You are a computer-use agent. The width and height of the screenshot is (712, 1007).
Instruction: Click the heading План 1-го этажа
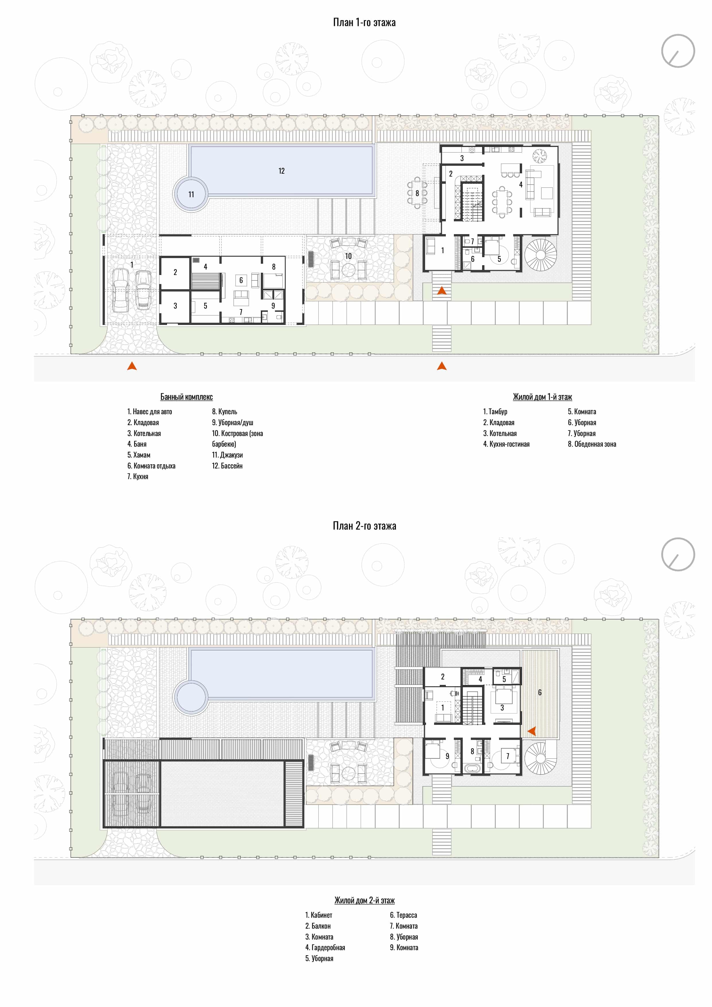tap(364, 22)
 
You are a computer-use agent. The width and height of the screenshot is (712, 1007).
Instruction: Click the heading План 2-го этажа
tap(364, 526)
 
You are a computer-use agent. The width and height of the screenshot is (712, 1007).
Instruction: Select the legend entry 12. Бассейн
tap(227, 466)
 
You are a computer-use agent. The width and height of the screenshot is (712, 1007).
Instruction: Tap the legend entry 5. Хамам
tap(139, 455)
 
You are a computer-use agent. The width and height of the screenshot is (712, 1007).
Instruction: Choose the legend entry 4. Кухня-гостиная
tap(507, 444)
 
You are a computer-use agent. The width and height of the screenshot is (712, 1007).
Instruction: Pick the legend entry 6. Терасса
tap(403, 915)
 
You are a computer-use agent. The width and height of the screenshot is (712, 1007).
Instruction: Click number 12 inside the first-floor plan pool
tap(282, 171)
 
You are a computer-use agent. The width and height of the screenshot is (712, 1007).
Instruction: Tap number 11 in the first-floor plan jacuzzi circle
tap(191, 194)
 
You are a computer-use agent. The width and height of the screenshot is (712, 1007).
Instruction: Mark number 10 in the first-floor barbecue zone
tap(348, 256)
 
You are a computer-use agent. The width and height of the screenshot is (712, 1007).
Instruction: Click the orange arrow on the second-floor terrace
tap(531, 731)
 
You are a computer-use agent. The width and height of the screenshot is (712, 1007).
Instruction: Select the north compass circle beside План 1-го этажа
tap(678, 51)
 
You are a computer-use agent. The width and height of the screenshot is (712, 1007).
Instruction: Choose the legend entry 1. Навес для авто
tap(150, 411)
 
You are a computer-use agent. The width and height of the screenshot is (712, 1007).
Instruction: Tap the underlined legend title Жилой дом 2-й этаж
tap(364, 901)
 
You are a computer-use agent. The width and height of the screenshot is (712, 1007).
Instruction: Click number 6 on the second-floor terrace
tap(540, 693)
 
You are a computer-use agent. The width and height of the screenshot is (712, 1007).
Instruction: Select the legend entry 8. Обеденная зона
tap(592, 444)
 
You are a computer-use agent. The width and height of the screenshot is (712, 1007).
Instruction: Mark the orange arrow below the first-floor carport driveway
tap(132, 366)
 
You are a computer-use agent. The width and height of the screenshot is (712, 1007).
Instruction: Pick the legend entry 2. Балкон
tap(318, 926)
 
